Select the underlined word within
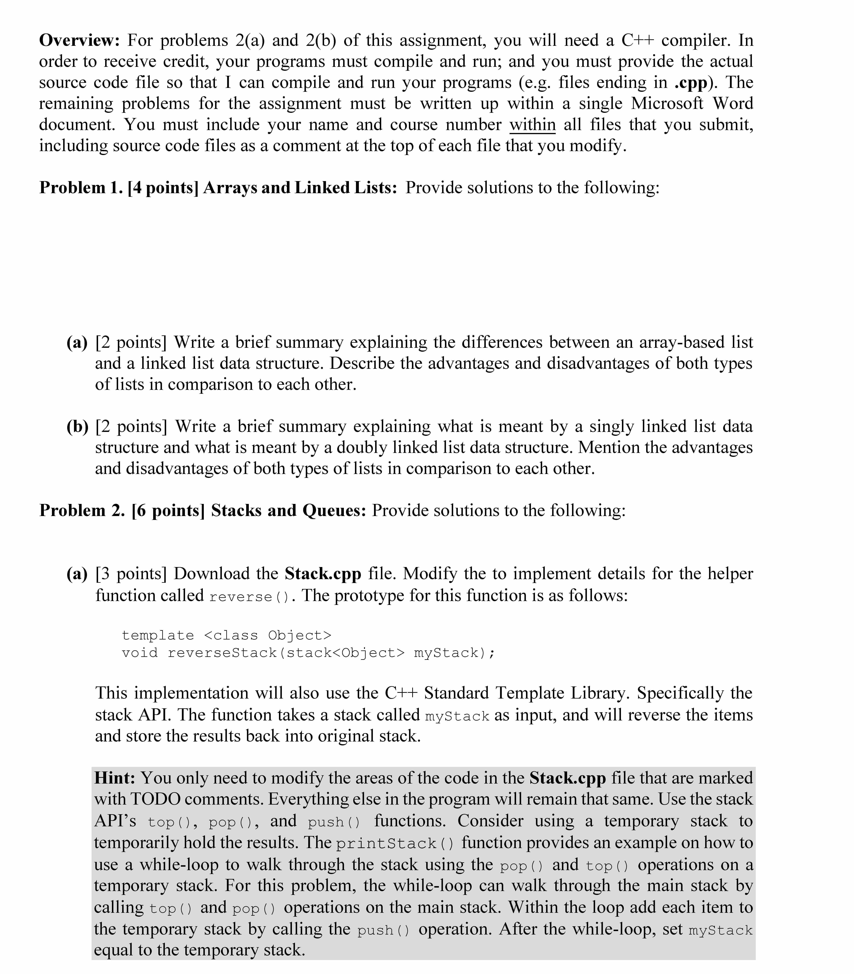[532, 125]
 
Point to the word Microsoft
[667, 104]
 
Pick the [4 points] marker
[163, 188]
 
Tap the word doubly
[357, 447]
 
